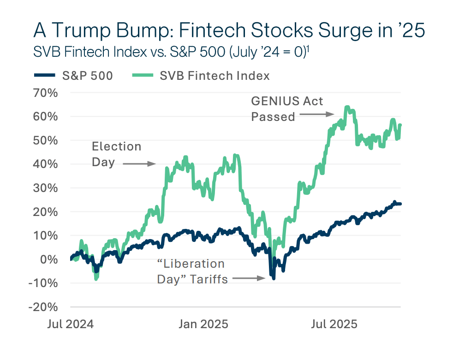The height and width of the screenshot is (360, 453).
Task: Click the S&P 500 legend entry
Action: point(74,76)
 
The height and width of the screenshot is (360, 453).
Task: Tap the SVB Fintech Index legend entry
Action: point(201,76)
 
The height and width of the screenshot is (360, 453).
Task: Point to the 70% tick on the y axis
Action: point(46,92)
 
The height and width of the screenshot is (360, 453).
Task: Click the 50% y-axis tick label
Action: point(46,140)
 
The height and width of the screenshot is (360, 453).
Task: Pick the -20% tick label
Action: point(44,307)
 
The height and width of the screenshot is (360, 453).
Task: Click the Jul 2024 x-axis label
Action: point(70,324)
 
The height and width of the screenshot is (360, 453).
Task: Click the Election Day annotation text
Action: point(116,154)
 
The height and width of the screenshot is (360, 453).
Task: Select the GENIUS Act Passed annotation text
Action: point(287,108)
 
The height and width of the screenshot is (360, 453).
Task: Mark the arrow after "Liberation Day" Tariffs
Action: point(249,278)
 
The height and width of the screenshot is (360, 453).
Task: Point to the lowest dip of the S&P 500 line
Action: point(274,278)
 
